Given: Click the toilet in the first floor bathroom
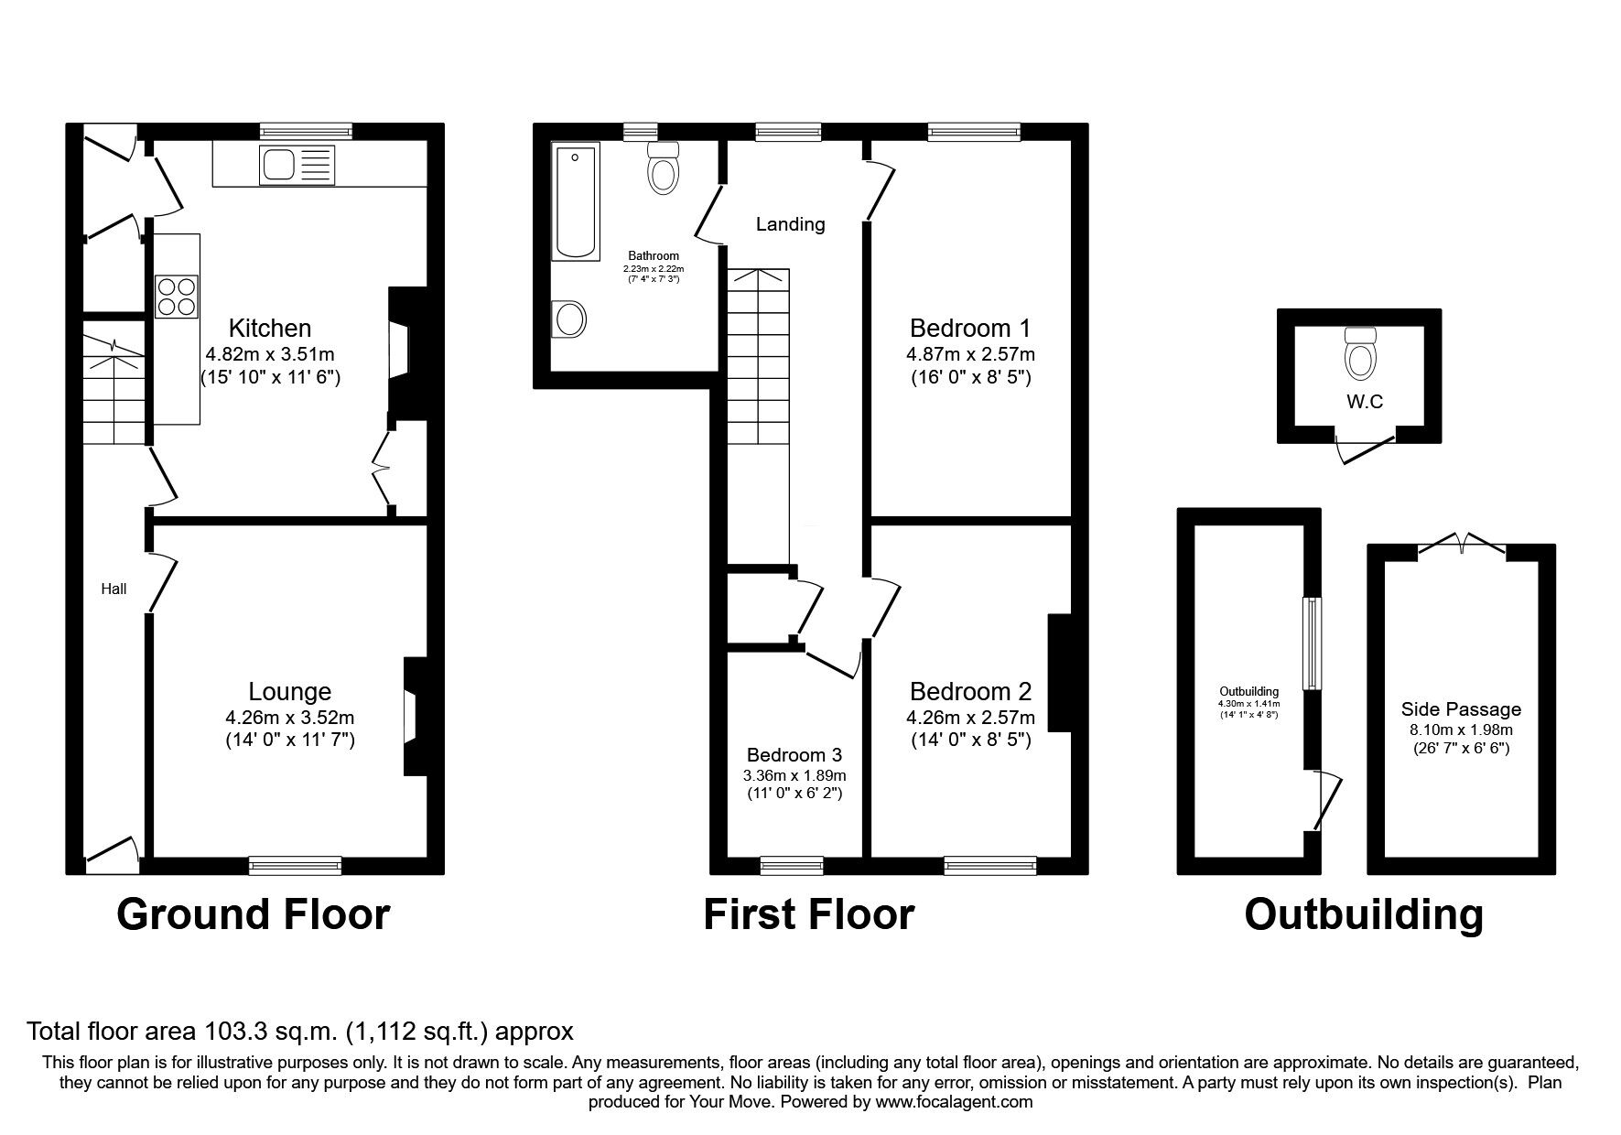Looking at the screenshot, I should coord(663,168).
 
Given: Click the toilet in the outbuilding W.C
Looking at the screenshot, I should coord(1359,355).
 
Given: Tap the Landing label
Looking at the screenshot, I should coord(790,224).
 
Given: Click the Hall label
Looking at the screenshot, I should coord(113,589).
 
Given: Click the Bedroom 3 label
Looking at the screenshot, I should coord(794,755).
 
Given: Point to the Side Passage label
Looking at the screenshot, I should coord(1461,709).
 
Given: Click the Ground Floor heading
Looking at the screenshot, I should coord(254,914).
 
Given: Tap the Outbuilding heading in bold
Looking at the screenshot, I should coord(1363,914).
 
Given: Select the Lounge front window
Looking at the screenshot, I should coord(295,865).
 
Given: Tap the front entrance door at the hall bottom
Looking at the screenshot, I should coord(113,853).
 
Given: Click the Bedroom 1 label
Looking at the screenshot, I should coord(969,328).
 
